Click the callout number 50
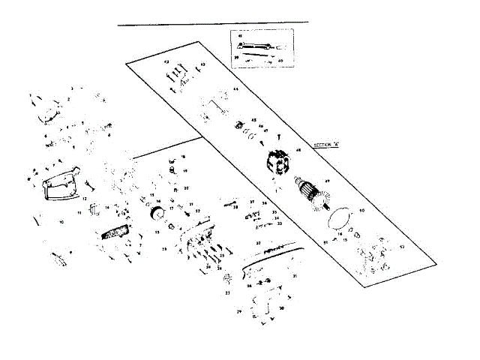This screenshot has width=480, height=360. [361, 211]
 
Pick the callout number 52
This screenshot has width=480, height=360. [402, 245]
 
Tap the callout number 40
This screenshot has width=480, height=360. [280, 58]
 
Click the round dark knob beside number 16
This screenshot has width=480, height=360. [158, 216]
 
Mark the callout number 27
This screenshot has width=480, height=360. [227, 293]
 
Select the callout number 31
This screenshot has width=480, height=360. [295, 277]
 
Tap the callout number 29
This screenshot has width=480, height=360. [239, 310]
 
